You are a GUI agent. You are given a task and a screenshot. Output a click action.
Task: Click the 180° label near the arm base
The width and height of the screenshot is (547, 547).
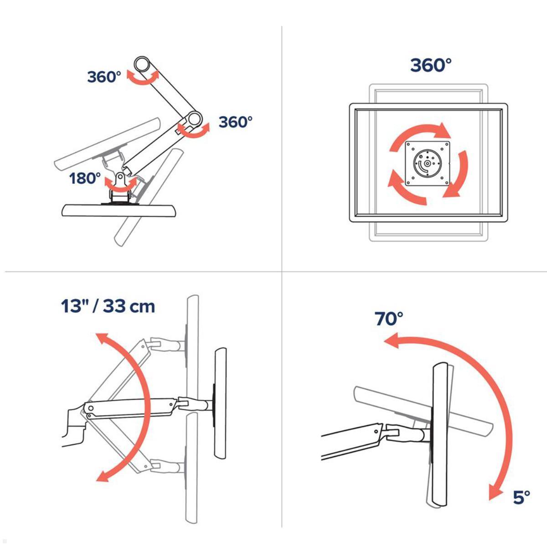click(x=85, y=178)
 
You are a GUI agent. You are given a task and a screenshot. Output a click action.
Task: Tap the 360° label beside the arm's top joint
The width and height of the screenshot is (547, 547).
click(x=104, y=77)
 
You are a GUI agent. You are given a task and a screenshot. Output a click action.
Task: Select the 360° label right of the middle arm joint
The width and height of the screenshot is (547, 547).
click(x=235, y=122)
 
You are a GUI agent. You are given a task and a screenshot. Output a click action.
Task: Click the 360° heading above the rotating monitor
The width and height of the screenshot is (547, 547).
click(x=431, y=66)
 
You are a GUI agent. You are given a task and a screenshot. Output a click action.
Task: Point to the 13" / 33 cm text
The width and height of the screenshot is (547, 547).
click(x=108, y=306)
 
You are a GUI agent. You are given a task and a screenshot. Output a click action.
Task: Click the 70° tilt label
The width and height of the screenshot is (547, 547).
click(x=389, y=319)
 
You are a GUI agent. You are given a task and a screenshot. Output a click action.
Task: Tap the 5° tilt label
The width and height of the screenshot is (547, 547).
click(x=521, y=497)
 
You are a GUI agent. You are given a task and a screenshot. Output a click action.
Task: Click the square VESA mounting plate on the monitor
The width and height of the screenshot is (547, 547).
click(x=428, y=163)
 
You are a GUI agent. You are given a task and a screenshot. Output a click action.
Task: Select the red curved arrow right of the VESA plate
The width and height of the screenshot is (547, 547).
click(x=458, y=175)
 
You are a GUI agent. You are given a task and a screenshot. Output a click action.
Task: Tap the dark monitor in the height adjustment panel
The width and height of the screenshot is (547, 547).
click(x=220, y=403)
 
